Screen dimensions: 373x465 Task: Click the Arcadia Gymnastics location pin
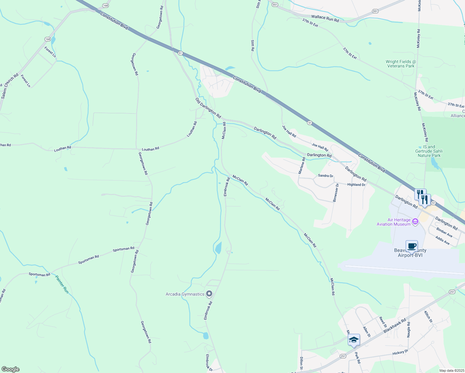click(209, 293)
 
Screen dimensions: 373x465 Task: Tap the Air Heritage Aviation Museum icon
click(415, 222)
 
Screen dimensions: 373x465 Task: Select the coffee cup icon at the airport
click(412, 246)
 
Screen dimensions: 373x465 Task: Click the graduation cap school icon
click(354, 340)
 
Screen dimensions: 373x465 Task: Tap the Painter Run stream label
click(62, 284)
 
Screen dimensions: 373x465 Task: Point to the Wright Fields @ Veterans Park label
click(401, 64)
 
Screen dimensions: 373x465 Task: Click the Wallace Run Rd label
click(325, 18)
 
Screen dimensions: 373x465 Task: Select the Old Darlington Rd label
click(208, 108)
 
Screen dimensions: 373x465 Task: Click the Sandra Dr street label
click(325, 176)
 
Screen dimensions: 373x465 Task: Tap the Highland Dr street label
click(356, 185)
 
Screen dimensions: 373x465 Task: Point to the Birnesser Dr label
click(335, 193)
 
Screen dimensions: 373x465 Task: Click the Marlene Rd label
click(302, 166)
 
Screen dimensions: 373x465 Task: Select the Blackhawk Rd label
click(394, 326)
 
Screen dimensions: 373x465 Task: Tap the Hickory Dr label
click(400, 352)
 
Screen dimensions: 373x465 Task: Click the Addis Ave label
click(442, 240)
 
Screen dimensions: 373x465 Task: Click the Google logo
click(10, 369)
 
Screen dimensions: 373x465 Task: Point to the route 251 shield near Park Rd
click(343, 356)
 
